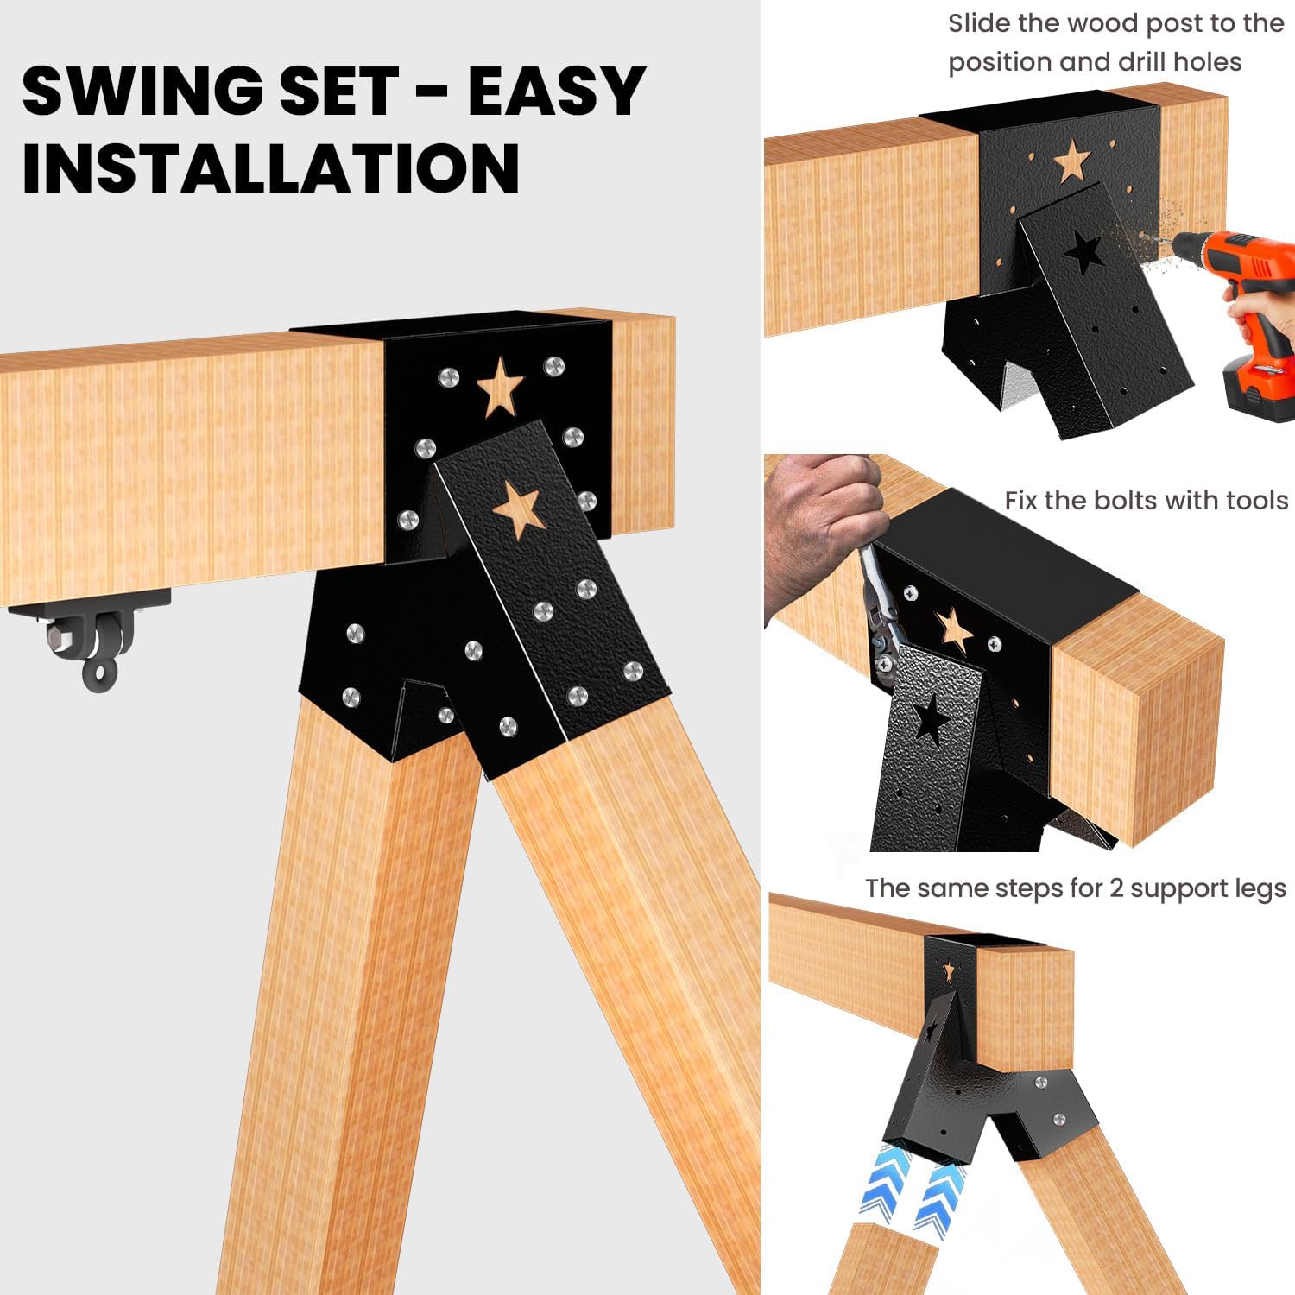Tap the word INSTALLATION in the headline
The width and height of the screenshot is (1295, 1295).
click(270, 167)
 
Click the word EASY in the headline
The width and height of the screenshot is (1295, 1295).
click(556, 91)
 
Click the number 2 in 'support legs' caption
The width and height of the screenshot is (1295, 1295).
click(1117, 888)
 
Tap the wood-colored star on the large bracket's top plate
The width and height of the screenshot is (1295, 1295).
click(500, 386)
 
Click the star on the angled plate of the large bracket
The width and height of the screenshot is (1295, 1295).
click(516, 509)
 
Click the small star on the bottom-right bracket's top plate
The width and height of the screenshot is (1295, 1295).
click(950, 972)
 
